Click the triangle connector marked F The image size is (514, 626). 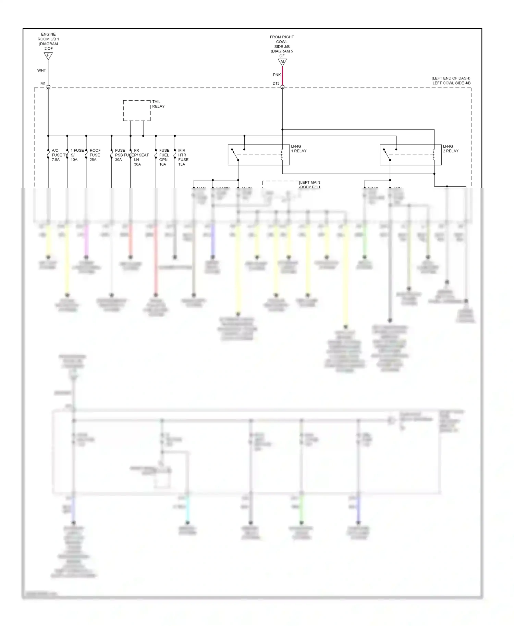pos(48,56)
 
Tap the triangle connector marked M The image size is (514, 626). pos(282,62)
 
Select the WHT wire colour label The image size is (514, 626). pos(41,71)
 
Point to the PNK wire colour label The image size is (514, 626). pos(277,75)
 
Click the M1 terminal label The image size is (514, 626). pos(43,84)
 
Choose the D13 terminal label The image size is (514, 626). pos(276,84)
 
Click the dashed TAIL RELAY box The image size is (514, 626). pos(137,111)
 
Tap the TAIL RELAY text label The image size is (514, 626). pos(158,104)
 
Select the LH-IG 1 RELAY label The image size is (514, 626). pos(298,149)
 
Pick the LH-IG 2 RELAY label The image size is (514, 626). pos(450,149)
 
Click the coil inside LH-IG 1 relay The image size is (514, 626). pos(282,155)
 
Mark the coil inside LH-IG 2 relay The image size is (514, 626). pos(434,155)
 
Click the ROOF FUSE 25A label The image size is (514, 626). pos(95,155)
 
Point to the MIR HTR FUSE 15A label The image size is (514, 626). pos(183,158)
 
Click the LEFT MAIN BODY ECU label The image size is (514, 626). pos(310,185)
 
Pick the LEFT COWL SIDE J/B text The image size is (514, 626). pos(451,83)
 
